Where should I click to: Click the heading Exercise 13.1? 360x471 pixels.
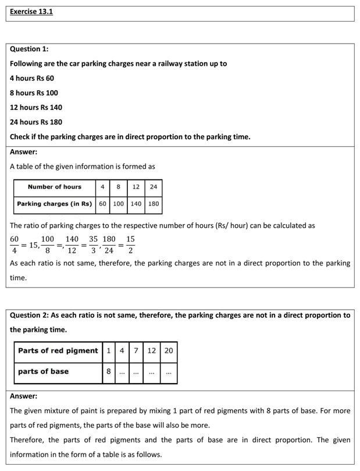(31, 11)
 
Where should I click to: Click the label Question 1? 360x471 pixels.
(29, 49)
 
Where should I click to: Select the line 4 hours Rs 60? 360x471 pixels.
(32, 78)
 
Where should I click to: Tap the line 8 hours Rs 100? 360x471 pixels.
(34, 93)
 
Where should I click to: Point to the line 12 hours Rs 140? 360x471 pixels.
(36, 107)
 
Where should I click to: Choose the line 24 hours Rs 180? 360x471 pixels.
(36, 122)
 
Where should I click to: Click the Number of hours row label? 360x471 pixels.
(55, 187)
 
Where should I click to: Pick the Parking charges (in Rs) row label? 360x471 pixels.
(55, 204)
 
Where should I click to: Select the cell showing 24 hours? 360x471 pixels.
(153, 187)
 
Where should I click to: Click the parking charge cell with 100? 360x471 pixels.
(118, 204)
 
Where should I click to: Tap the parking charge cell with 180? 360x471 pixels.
(153, 204)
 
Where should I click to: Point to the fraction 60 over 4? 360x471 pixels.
(15, 245)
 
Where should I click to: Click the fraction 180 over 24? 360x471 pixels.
(109, 245)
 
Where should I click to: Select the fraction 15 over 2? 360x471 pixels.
(130, 245)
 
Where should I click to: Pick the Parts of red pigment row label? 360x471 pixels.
(58, 350)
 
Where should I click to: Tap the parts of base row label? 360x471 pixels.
(44, 371)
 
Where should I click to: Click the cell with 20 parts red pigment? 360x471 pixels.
(168, 350)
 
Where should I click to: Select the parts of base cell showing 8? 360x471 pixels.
(108, 371)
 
